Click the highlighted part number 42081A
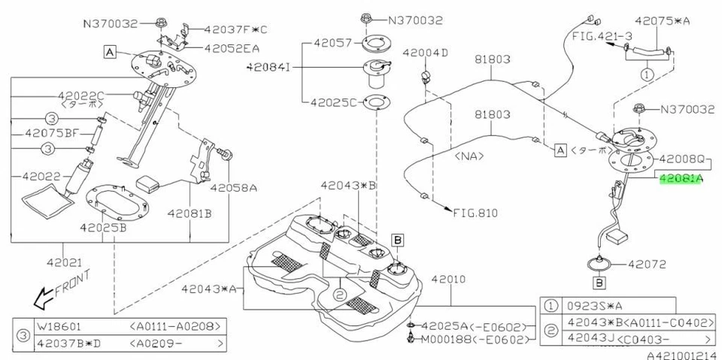(x=681, y=179)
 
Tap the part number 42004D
(x=425, y=53)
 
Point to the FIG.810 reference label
(x=475, y=213)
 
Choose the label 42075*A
(x=662, y=23)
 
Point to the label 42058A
(x=233, y=188)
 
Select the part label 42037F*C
(x=235, y=29)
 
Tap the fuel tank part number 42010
(x=450, y=279)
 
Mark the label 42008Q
(x=683, y=160)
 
